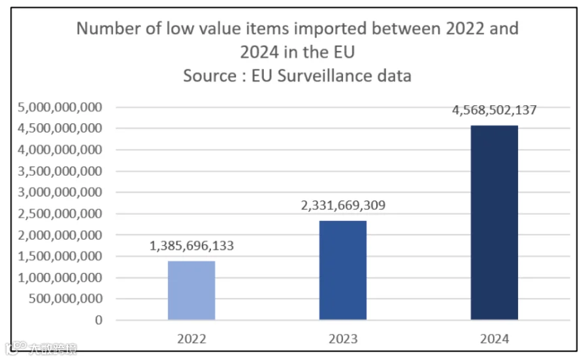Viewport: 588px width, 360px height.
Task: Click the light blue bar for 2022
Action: (x=191, y=290)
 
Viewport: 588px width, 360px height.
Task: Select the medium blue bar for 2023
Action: (x=343, y=270)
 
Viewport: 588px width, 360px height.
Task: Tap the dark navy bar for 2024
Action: (x=495, y=222)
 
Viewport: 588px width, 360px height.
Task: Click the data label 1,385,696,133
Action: (x=191, y=246)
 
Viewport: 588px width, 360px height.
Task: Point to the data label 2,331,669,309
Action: (x=343, y=205)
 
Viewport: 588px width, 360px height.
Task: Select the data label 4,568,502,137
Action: (x=495, y=110)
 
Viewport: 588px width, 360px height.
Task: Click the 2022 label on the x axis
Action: (x=191, y=338)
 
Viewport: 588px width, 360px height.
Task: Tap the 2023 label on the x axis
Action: (x=343, y=338)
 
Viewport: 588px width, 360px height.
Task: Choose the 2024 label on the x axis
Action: (x=495, y=338)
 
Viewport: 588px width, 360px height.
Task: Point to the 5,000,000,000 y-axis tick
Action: (x=59, y=107)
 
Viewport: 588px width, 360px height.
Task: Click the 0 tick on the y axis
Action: (x=99, y=320)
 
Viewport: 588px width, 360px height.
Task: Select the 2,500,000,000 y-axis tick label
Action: (x=59, y=214)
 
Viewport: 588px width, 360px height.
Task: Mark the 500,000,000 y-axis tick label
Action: (x=65, y=299)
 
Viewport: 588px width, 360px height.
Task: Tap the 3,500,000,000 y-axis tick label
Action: (x=59, y=171)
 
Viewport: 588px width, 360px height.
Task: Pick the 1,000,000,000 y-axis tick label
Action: (x=59, y=278)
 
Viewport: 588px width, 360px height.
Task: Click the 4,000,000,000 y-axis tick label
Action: (x=59, y=150)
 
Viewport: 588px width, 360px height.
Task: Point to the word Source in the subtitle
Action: (x=210, y=76)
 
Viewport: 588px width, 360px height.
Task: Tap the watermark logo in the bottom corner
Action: (x=16, y=348)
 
